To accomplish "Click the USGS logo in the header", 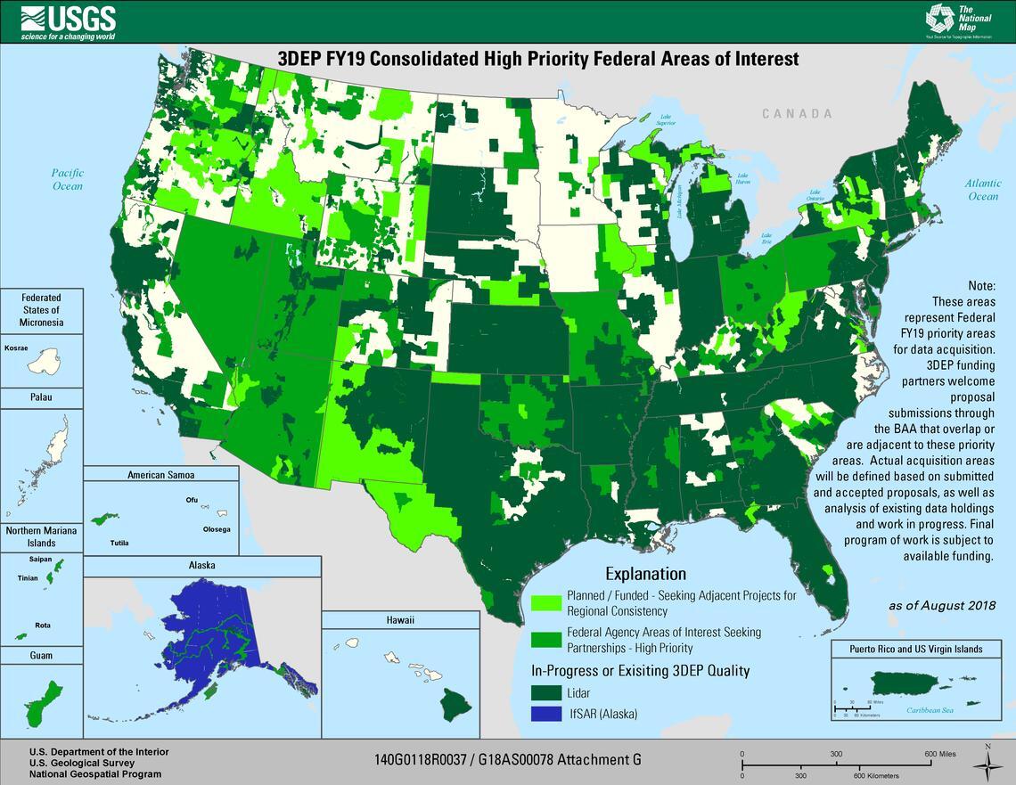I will pyautogui.click(x=68, y=21).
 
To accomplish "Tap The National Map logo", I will pyautogui.click(x=958, y=20).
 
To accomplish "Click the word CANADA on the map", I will pyautogui.click(x=797, y=114).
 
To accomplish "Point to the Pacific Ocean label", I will pyautogui.click(x=67, y=179).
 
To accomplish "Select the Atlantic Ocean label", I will pyautogui.click(x=983, y=190).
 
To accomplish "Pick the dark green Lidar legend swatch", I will pyautogui.click(x=545, y=691).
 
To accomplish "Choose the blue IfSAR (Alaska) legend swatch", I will pyautogui.click(x=545, y=714).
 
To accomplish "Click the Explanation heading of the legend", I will pyautogui.click(x=645, y=574).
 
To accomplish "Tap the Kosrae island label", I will pyautogui.click(x=16, y=348).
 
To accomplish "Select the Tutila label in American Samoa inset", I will pyautogui.click(x=119, y=542).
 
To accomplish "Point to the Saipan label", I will pyautogui.click(x=41, y=560).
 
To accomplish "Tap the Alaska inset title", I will pyautogui.click(x=201, y=565).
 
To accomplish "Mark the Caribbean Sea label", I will pyautogui.click(x=930, y=710).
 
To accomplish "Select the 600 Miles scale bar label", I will pyautogui.click(x=940, y=754).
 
